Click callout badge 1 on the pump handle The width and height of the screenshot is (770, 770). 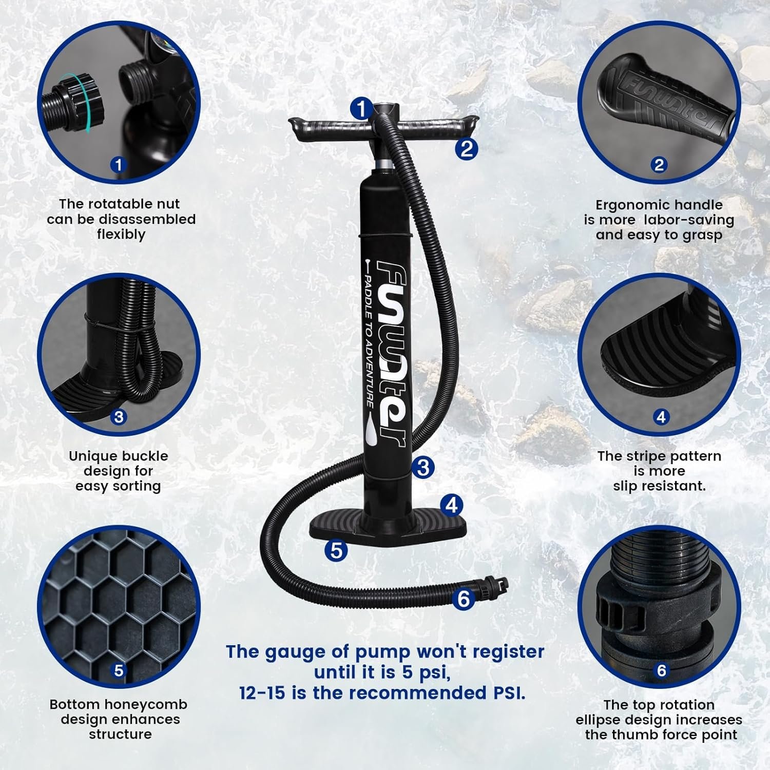(362, 109)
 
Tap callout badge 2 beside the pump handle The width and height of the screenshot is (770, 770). (466, 149)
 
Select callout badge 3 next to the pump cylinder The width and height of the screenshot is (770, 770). (423, 467)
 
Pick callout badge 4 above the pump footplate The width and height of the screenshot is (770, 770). (451, 505)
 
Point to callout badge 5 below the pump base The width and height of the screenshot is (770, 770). (336, 550)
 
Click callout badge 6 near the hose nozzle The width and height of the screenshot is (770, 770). (464, 599)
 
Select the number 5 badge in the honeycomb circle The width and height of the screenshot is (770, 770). (119, 670)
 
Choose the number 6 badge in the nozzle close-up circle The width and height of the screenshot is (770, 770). (661, 670)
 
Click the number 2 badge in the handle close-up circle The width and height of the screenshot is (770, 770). (659, 165)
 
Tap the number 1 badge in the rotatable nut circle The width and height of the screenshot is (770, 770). (119, 165)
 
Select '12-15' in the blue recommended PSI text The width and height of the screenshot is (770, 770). (262, 692)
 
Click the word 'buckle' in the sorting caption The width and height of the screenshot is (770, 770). (145, 456)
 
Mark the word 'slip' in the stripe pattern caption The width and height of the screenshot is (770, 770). (625, 486)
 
